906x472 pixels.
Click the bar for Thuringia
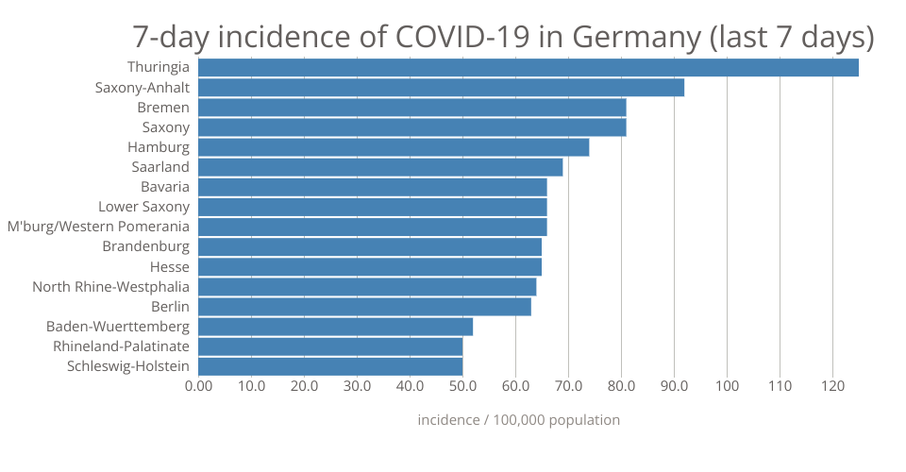[x=528, y=68]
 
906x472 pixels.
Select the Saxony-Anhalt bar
[x=441, y=88]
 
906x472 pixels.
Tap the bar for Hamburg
[x=394, y=147]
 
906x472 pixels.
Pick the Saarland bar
[x=380, y=167]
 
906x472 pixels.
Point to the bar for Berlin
[x=364, y=307]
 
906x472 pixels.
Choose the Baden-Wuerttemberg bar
[x=335, y=327]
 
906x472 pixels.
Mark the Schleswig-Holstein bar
[x=330, y=366]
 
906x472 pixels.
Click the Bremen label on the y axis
[x=163, y=108]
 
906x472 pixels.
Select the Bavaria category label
[x=165, y=187]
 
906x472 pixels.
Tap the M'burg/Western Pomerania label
[x=98, y=227]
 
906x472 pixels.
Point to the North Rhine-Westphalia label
[x=111, y=287]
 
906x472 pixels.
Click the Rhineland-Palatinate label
[x=122, y=346]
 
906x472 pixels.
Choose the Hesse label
[x=170, y=267]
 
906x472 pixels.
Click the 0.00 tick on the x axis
[x=198, y=386]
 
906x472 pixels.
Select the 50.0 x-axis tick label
[x=462, y=386]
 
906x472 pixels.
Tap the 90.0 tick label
[x=674, y=386]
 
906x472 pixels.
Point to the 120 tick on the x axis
[x=832, y=386]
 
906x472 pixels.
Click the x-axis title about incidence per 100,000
[x=519, y=420]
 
